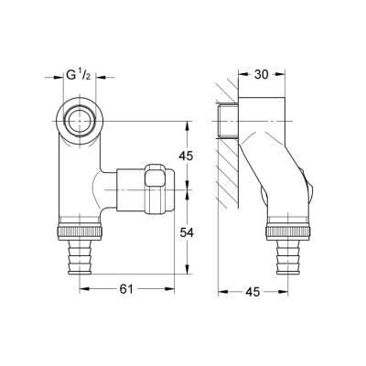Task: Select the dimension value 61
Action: [126, 289]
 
